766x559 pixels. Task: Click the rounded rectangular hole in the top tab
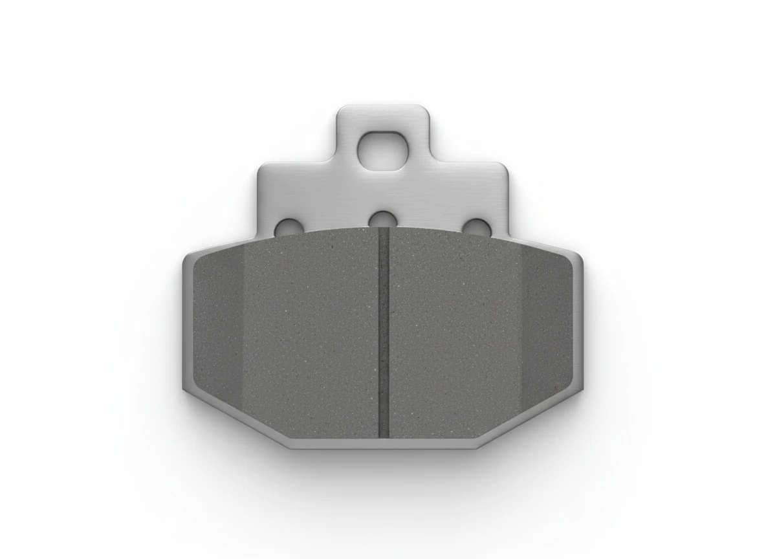point(383,151)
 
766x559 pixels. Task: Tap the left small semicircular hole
point(288,227)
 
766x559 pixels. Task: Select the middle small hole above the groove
point(383,219)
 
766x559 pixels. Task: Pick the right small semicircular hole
point(478,227)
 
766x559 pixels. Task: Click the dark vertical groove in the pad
point(383,336)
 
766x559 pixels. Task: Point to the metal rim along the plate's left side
point(187,323)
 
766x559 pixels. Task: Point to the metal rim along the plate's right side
point(579,323)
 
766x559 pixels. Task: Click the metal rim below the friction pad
point(383,443)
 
